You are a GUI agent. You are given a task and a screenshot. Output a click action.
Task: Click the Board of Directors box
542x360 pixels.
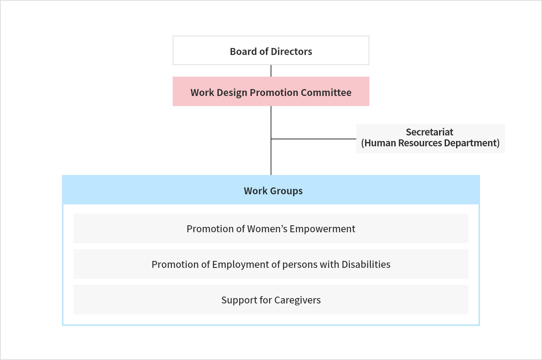(x=271, y=50)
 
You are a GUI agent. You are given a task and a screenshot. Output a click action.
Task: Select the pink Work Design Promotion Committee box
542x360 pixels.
(x=271, y=91)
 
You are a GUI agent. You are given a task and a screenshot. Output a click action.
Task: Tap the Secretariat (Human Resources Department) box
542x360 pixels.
(x=430, y=139)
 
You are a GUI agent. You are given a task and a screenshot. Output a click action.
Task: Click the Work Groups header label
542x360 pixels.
(x=273, y=191)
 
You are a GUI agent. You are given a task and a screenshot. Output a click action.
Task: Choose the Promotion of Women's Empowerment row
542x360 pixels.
(x=271, y=228)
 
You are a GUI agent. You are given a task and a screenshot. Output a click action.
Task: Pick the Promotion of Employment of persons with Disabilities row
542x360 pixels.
(x=271, y=264)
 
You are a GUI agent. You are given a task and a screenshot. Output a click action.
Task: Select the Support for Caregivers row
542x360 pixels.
(x=271, y=300)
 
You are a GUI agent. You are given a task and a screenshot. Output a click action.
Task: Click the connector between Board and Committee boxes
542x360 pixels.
(x=271, y=71)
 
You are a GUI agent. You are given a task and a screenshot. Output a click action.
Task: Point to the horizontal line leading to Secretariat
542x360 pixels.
(x=314, y=139)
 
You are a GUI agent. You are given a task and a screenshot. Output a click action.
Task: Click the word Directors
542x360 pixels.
(x=291, y=51)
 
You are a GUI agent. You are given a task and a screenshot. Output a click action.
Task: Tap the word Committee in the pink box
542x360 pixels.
(x=326, y=93)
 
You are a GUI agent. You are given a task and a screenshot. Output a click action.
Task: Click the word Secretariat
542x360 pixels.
(x=429, y=132)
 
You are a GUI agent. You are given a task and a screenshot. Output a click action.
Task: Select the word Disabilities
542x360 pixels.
(x=366, y=264)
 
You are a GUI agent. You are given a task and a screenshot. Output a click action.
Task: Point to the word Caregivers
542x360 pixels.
(x=297, y=300)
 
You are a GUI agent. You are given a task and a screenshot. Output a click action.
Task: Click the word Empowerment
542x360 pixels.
(x=322, y=229)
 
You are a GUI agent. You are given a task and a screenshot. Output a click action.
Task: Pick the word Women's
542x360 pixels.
(x=267, y=229)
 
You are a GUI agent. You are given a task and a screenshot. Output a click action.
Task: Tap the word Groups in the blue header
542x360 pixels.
(x=286, y=191)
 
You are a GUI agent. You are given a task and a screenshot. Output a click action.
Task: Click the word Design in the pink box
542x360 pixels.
(x=232, y=93)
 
